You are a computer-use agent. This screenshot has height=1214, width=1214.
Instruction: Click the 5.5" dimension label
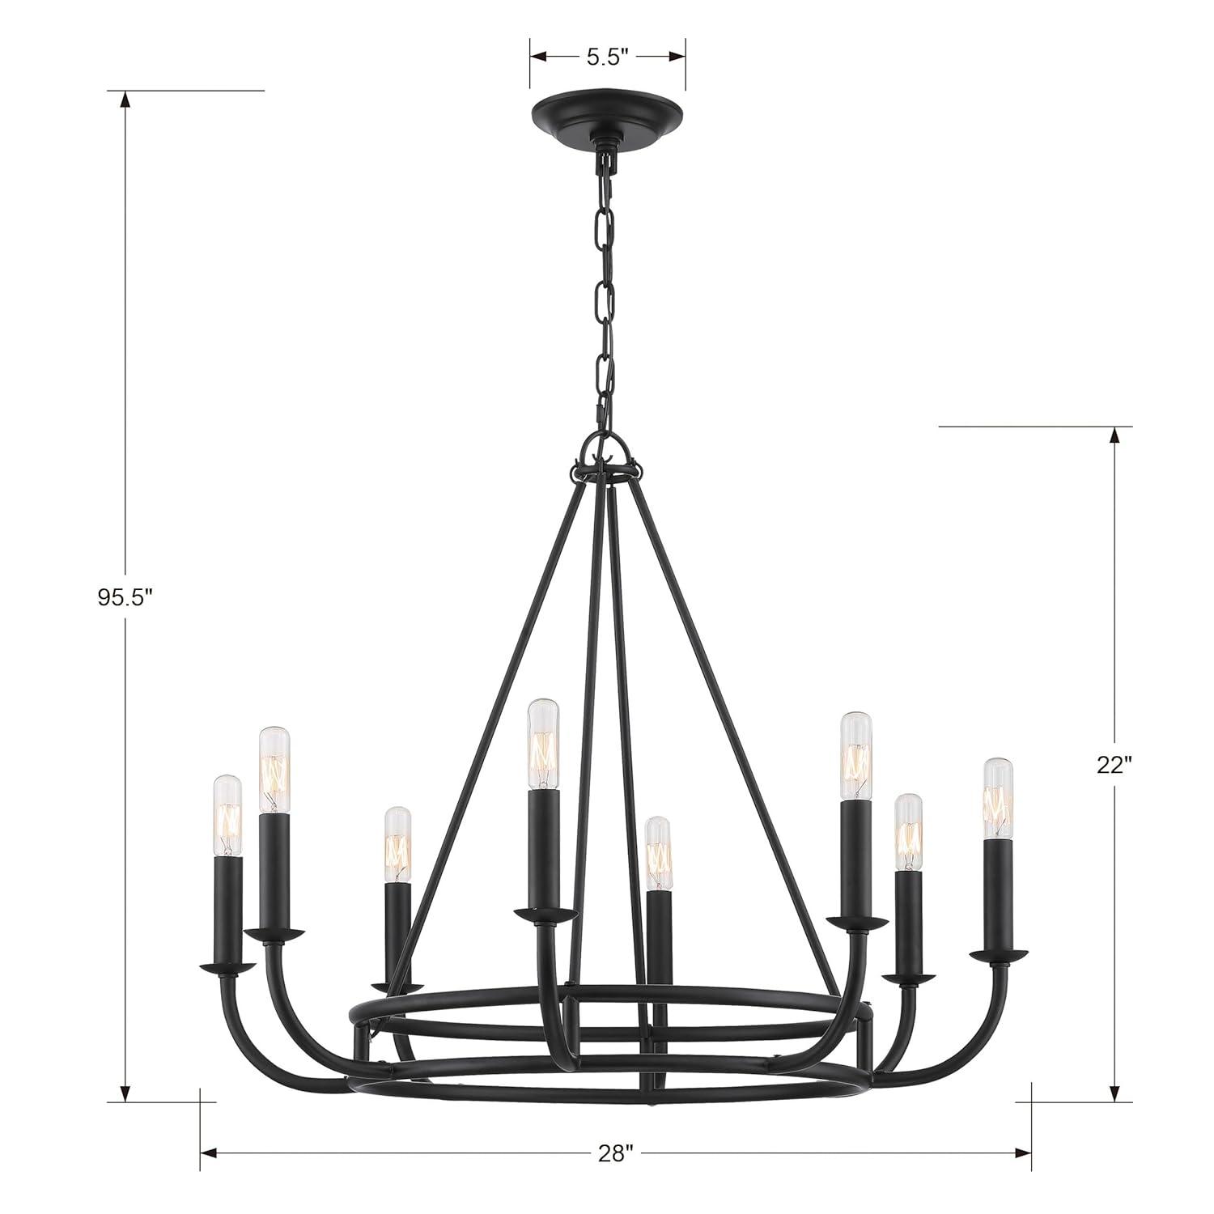point(607,57)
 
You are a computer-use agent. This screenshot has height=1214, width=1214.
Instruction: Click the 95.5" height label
point(125,597)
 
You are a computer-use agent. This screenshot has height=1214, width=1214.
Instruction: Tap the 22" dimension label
point(1114,765)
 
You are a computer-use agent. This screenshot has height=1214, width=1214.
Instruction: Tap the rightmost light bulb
point(999,798)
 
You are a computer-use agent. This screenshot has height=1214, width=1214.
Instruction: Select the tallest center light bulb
point(543,744)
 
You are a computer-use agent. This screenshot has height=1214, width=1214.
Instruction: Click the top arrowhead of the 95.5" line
point(125,100)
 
